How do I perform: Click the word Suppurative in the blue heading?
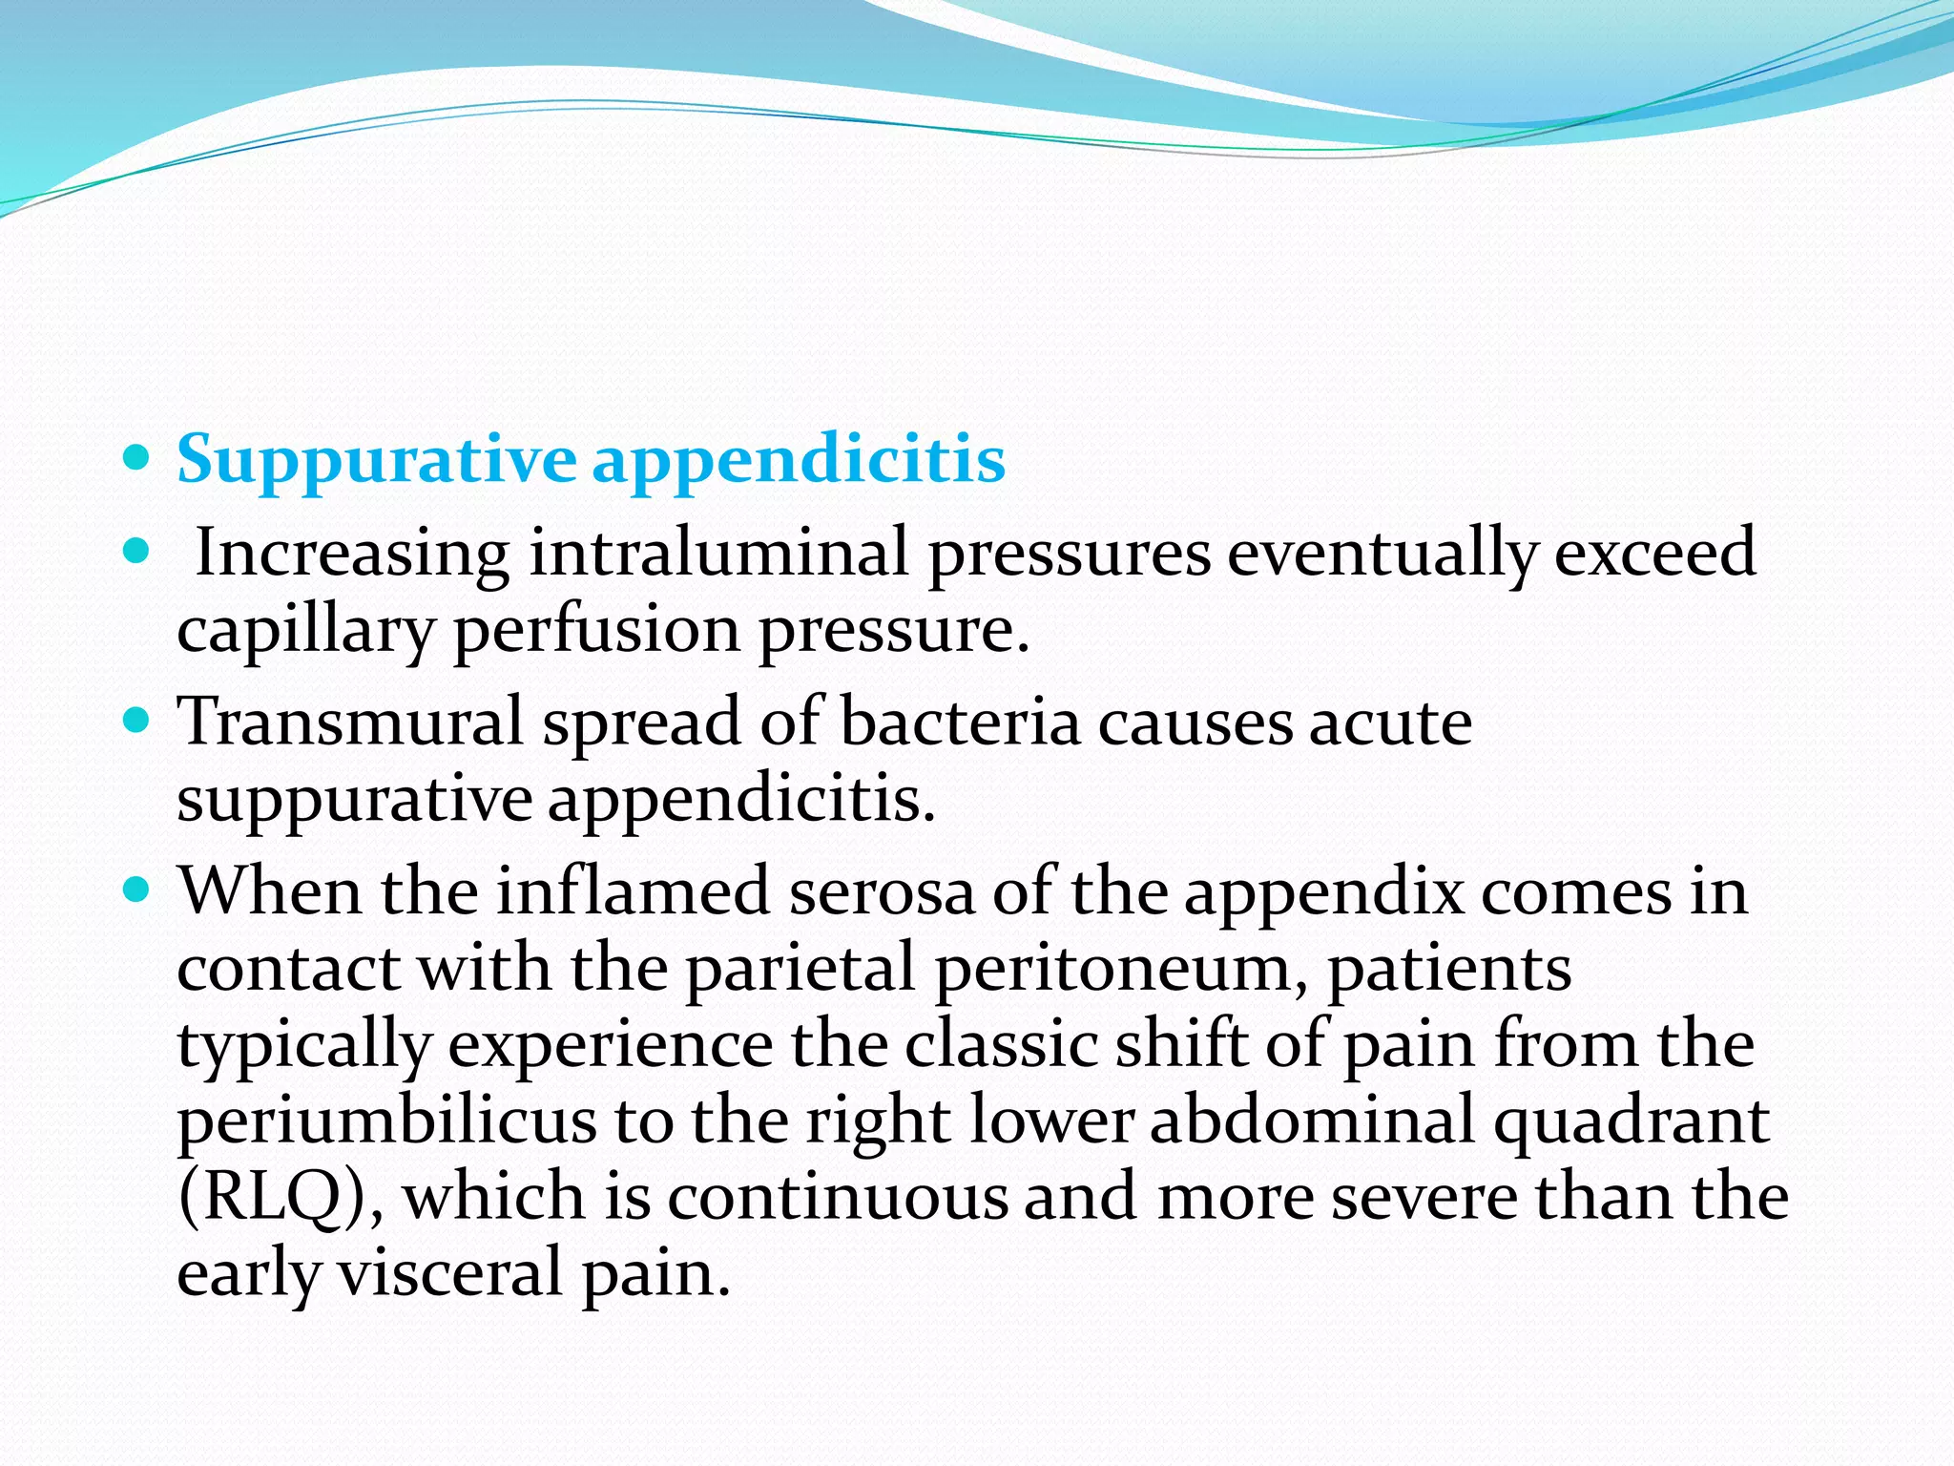376,461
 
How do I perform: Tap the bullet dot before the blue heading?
137,458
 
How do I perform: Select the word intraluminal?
718,553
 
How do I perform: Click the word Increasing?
352,555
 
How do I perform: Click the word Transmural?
351,722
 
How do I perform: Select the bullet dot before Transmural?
137,718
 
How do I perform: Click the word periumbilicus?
386,1121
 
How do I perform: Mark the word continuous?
837,1197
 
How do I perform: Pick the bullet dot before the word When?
137,890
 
